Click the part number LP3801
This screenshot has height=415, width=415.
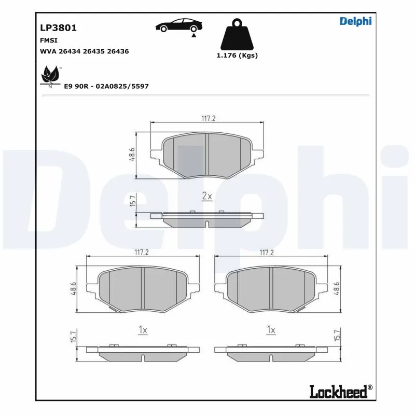[58, 28]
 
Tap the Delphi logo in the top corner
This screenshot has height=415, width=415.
[355, 21]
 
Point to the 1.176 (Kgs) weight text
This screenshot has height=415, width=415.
[237, 56]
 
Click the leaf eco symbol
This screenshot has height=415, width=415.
[50, 76]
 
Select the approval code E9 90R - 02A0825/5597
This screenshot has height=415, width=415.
[106, 86]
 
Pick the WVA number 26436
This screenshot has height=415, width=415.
[117, 51]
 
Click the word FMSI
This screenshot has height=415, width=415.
[49, 40]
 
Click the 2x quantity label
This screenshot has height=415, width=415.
[206, 196]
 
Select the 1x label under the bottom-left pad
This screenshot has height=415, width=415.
[143, 330]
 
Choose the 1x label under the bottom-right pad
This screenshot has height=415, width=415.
[271, 330]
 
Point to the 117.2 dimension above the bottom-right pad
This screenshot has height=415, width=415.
[266, 252]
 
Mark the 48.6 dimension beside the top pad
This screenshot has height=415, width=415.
[132, 154]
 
